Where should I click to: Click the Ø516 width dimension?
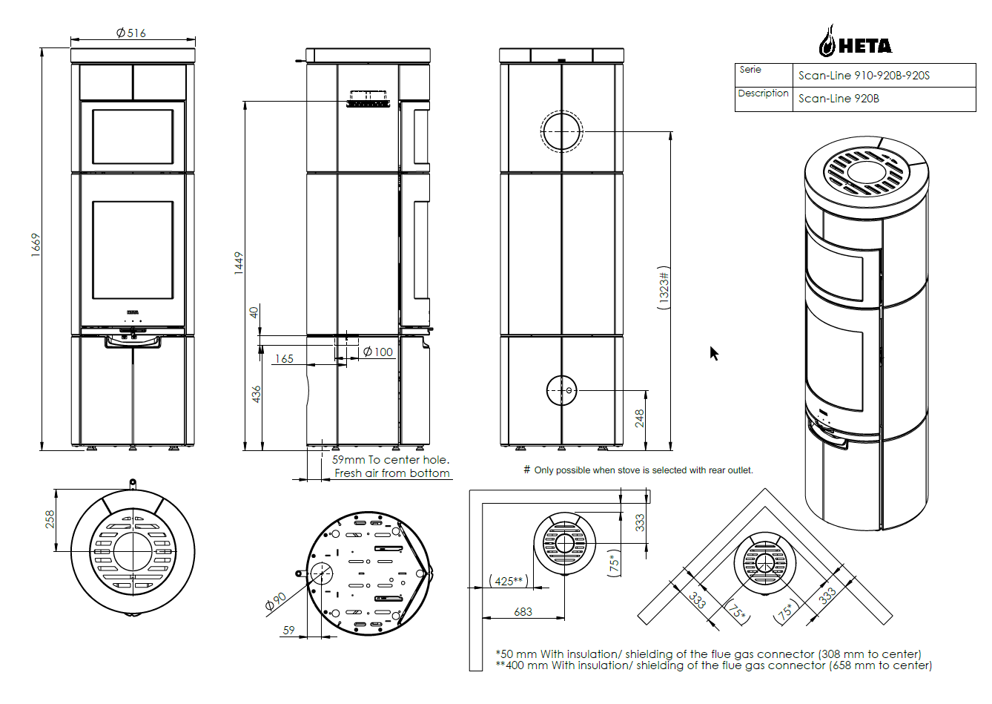click(131, 33)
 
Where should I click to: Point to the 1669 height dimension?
click(36, 245)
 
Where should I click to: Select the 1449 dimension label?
click(239, 263)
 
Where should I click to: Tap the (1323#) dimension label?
click(664, 288)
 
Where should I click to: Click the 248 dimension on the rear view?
click(639, 418)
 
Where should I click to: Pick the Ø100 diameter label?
click(378, 352)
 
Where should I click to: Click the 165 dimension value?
click(284, 358)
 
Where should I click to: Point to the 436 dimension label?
click(256, 395)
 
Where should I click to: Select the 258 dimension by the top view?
click(50, 519)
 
